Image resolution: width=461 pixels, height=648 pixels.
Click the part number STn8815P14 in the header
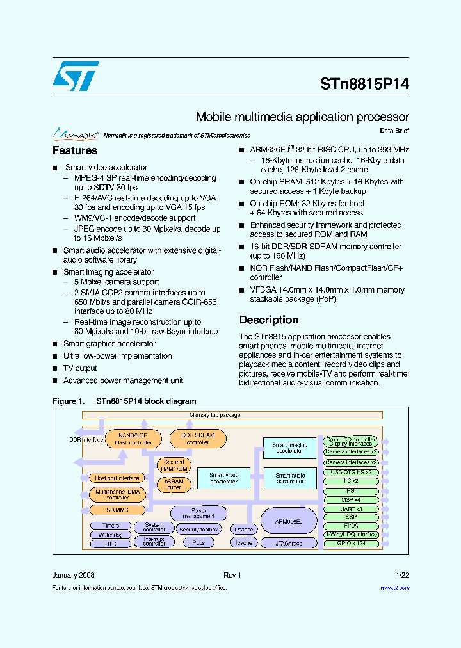pos(364,84)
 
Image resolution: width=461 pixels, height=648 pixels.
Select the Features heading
pos(75,151)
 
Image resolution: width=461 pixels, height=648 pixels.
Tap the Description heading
pos(269,320)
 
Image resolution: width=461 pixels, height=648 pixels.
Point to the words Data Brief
pos(394,131)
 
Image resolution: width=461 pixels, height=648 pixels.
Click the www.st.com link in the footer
pos(395,588)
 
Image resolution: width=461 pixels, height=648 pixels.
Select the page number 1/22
pos(403,575)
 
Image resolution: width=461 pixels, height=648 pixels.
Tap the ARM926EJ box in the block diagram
pos(289,521)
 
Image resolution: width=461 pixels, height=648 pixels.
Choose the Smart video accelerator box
pos(224,478)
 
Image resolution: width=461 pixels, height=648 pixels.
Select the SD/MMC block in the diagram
pos(117,510)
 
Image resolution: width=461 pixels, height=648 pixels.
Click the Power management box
pos(198,514)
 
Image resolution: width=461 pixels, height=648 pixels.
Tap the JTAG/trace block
pos(289,543)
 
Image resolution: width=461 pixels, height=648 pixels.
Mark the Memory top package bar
pos(214,415)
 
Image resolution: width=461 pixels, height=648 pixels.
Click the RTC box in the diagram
pos(110,544)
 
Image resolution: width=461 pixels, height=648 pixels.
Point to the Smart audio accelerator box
pos(290,478)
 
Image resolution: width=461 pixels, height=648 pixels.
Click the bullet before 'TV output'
pos(55,368)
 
